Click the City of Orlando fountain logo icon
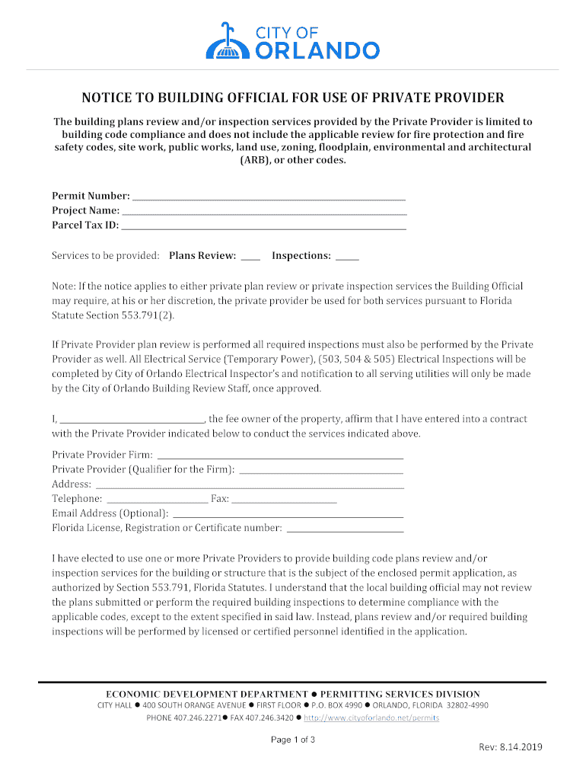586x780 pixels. pos(226,40)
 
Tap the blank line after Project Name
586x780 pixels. pos(264,211)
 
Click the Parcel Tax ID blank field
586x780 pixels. pos(264,226)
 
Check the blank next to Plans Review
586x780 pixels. pos(250,257)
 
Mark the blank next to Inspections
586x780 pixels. pos(347,257)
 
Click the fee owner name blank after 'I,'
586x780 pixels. pos(132,420)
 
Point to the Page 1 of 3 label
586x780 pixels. pos(293,740)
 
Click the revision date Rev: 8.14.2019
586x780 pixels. pos(510,747)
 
